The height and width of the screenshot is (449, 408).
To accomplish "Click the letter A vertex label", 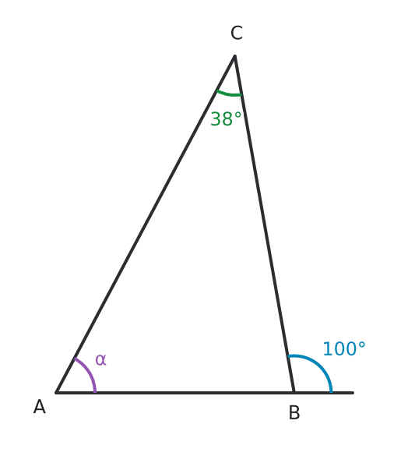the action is [x=39, y=407].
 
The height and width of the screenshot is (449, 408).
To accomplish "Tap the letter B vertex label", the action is [x=294, y=412].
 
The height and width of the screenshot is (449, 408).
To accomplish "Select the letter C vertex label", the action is [x=237, y=33].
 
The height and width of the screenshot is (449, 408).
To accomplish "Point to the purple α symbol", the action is [x=100, y=359].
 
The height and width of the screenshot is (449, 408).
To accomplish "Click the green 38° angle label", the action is [x=226, y=118].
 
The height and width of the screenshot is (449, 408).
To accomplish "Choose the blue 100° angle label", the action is [x=344, y=348].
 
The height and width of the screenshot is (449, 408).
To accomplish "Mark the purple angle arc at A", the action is [x=89, y=373].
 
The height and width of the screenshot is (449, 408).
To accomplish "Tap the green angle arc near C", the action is [x=229, y=94].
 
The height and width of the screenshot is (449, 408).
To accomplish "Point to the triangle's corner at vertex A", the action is [x=56, y=393].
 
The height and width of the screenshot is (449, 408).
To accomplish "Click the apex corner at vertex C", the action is [x=234, y=55].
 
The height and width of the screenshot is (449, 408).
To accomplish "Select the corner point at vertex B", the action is [x=294, y=393].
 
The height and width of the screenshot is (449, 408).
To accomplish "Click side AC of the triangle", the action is [x=146, y=224].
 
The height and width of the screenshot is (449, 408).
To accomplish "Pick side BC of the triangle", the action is [x=264, y=224].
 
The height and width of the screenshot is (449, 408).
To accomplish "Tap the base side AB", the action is [x=175, y=393].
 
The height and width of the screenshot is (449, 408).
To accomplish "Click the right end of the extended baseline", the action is [x=353, y=393].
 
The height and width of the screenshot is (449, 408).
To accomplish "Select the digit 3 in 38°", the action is [x=216, y=118].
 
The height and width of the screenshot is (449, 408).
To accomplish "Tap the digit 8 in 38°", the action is [x=227, y=118].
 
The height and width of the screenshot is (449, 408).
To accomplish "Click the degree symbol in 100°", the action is [x=361, y=345].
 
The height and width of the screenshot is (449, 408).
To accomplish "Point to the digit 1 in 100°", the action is [x=328, y=348].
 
